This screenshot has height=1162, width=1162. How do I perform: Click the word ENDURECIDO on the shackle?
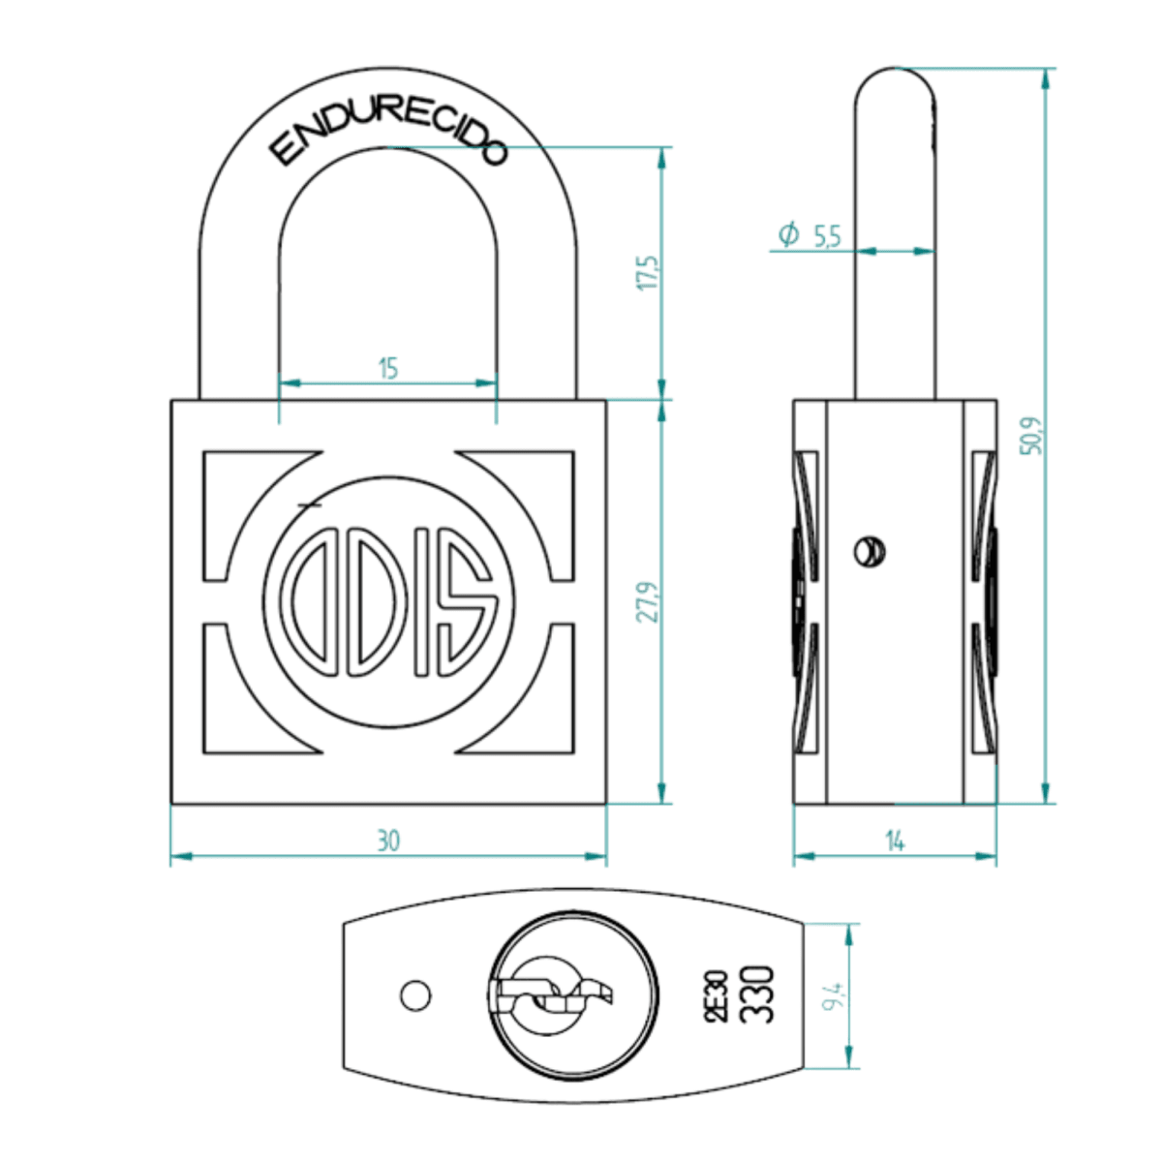tap(387, 135)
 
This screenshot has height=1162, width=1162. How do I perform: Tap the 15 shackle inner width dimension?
tap(387, 368)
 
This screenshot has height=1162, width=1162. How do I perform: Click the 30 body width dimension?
tap(387, 841)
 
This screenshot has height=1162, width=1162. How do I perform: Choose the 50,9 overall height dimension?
tap(1032, 435)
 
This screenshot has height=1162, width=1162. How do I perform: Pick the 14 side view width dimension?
tap(895, 841)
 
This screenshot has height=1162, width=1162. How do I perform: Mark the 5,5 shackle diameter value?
tap(827, 234)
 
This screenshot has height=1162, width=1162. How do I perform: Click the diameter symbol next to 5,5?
tap(789, 233)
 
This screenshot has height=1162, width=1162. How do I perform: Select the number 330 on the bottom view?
tap(757, 994)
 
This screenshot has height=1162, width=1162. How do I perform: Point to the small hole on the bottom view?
tap(415, 994)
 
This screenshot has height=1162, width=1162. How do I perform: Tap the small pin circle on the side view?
tap(870, 552)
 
